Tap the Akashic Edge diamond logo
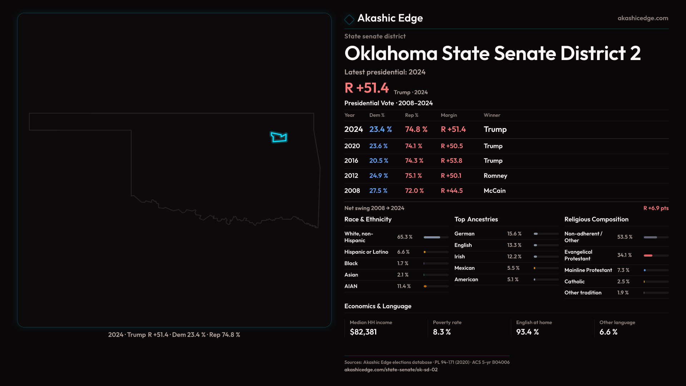click(349, 19)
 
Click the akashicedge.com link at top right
click(642, 18)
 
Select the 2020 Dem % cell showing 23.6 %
click(378, 146)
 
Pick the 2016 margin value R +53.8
click(451, 161)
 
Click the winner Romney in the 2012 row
click(495, 176)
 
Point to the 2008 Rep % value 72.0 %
click(414, 191)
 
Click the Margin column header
click(449, 115)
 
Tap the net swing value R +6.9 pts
click(656, 208)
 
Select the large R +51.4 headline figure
click(367, 88)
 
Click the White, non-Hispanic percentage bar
click(436, 237)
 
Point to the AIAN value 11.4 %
click(404, 286)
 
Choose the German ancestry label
click(464, 234)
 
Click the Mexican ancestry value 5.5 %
click(513, 268)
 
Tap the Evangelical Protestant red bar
click(648, 256)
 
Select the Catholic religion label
click(574, 282)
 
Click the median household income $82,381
click(363, 332)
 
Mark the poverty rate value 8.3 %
click(442, 332)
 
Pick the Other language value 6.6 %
click(608, 332)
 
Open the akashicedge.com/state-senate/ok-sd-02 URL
click(391, 370)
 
